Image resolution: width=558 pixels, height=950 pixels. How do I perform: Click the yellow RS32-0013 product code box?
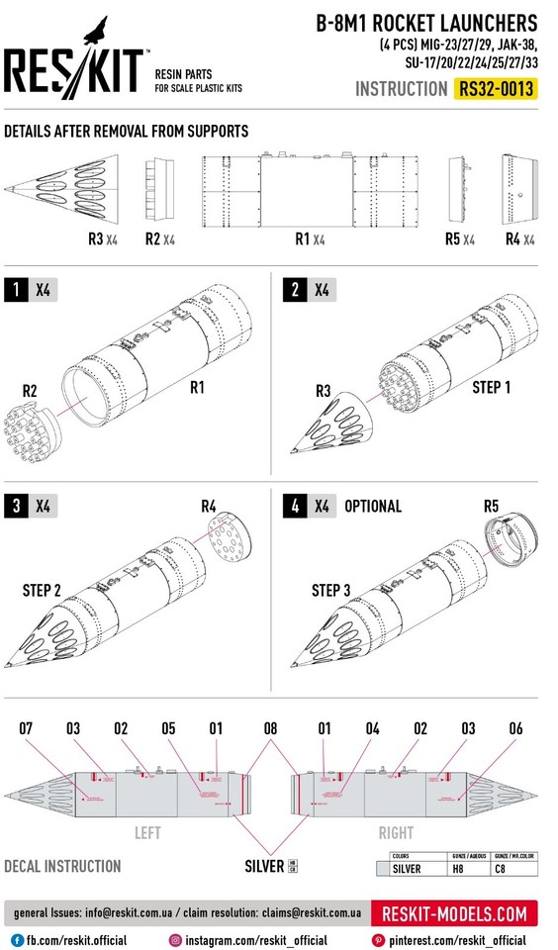click(x=497, y=89)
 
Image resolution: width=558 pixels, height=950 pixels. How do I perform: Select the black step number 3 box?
click(x=16, y=506)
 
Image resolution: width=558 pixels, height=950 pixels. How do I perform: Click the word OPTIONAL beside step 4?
click(x=372, y=506)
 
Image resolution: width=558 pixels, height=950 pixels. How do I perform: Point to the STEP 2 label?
click(x=42, y=591)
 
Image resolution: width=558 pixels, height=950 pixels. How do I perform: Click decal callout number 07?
click(x=26, y=728)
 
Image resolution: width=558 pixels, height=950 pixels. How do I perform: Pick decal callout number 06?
click(x=515, y=728)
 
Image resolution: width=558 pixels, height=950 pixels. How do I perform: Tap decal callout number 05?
click(x=168, y=728)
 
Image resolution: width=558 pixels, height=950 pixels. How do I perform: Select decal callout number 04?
click(x=372, y=728)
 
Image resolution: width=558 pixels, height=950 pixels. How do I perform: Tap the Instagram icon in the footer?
click(x=175, y=939)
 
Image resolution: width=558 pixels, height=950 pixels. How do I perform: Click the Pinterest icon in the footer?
click(x=378, y=939)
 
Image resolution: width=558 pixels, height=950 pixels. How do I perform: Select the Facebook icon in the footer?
click(x=17, y=939)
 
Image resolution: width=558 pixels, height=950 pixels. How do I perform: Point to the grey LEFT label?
click(x=147, y=833)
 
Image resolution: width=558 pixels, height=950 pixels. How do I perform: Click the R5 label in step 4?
click(x=491, y=506)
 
